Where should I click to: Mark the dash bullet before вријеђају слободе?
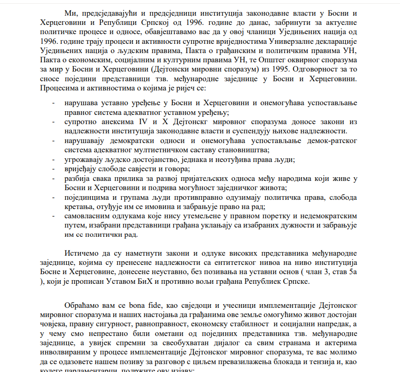54,169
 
